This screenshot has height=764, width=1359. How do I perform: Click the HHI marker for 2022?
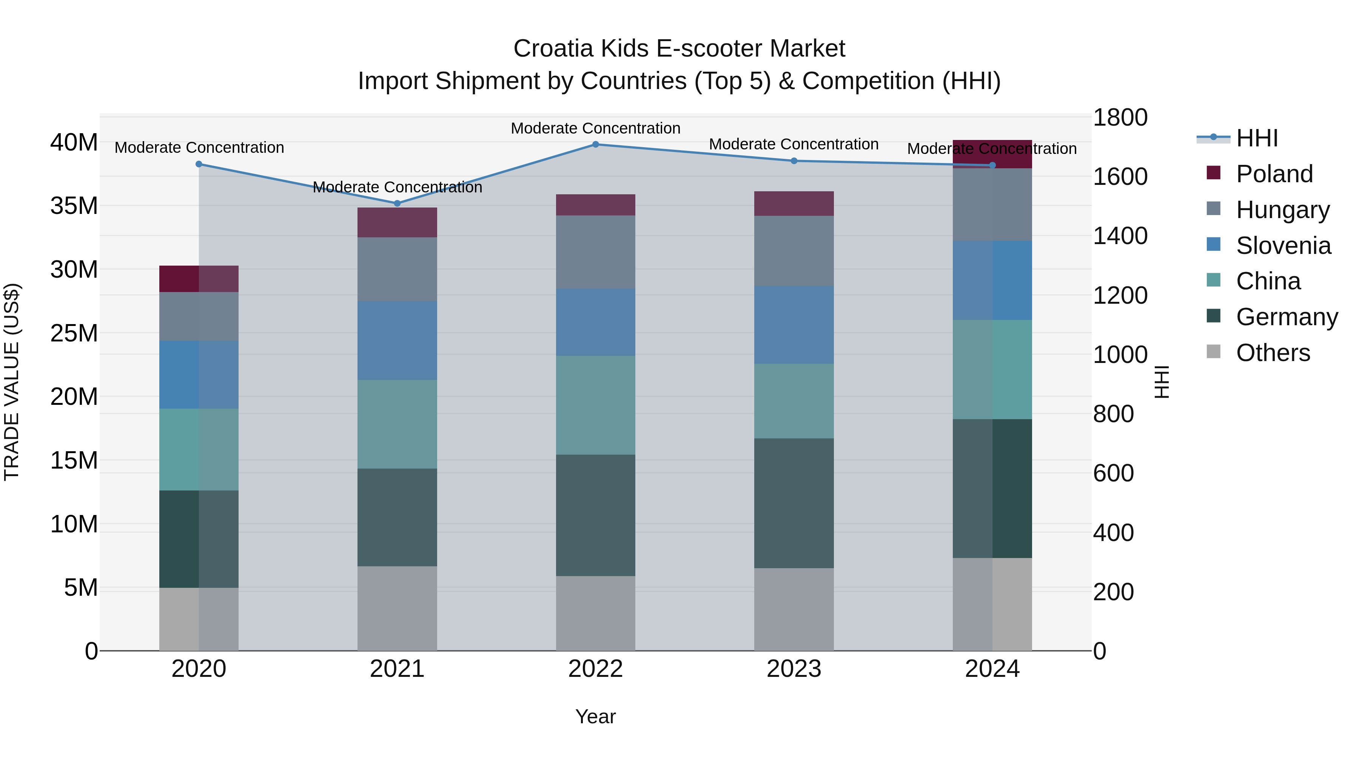pos(596,144)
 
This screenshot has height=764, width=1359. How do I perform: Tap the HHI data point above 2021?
pos(397,203)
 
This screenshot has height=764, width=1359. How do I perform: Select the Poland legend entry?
pos(1274,174)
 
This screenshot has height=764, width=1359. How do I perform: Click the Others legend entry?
pos(1273,353)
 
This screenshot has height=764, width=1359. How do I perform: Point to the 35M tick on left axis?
pos(74,206)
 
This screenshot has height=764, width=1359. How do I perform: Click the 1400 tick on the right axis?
pos(1120,236)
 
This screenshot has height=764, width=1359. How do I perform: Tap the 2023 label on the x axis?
pos(794,669)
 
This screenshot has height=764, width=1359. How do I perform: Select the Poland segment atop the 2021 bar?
pos(397,223)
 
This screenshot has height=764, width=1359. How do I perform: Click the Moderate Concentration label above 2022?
pos(596,128)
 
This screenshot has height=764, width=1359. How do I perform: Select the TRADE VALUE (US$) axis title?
pos(12,382)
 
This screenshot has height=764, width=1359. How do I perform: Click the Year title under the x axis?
pos(596,716)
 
